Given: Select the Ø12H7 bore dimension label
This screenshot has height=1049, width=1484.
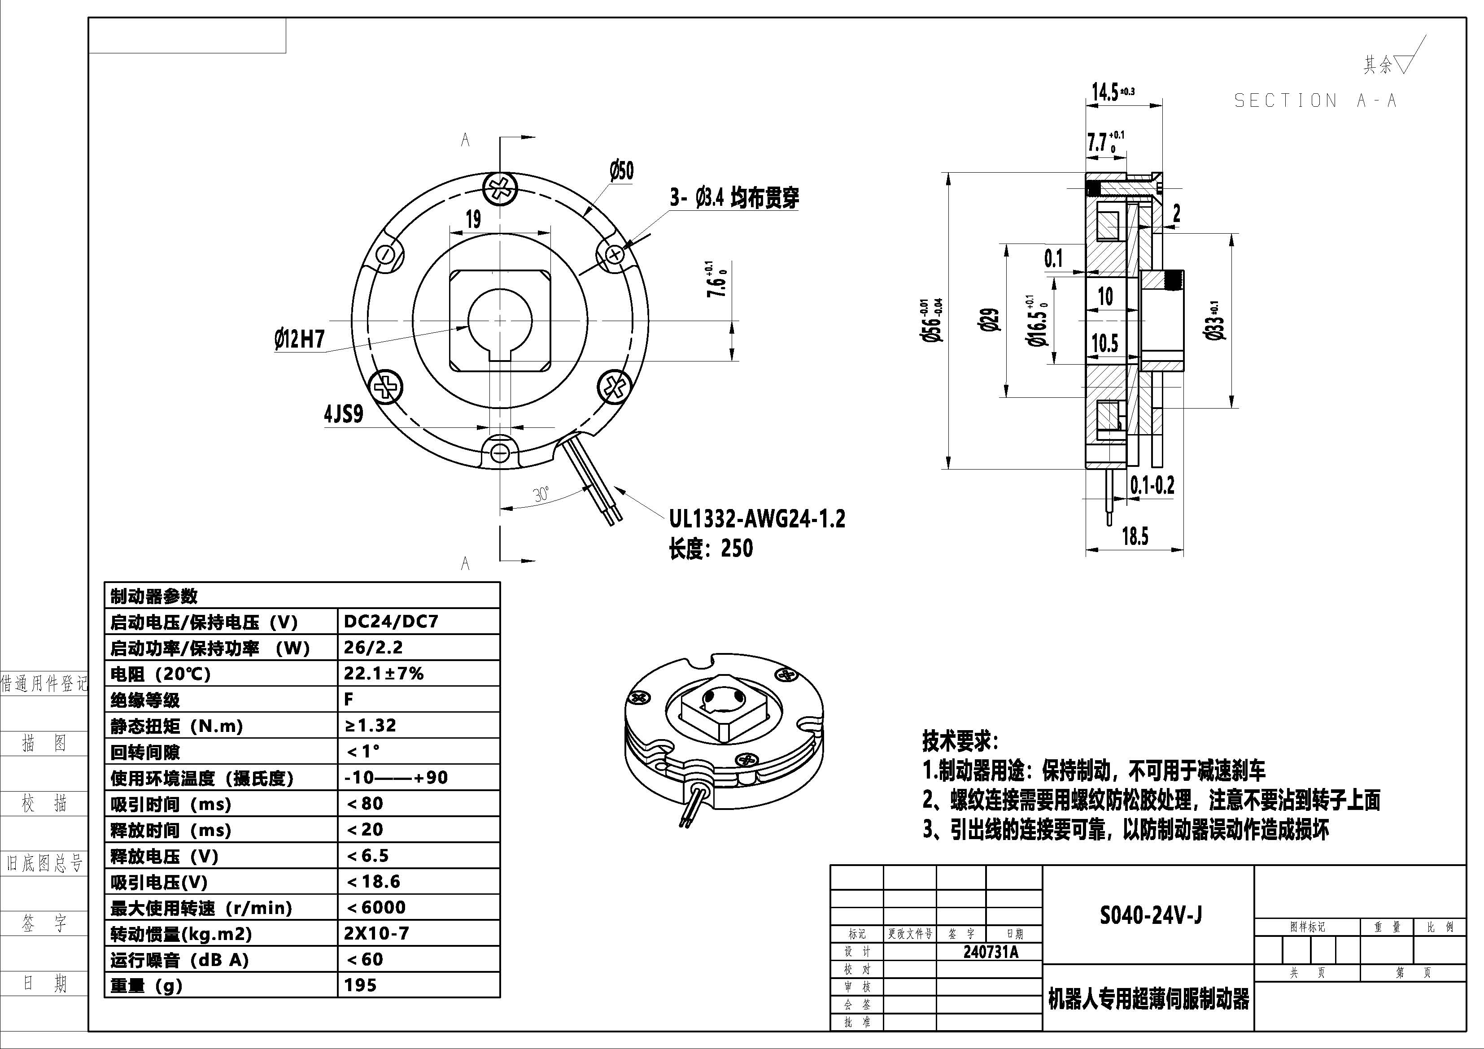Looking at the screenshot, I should tap(299, 339).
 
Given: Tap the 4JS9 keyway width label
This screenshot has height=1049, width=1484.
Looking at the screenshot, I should tap(343, 414).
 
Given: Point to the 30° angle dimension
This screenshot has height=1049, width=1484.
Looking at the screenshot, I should tap(541, 494).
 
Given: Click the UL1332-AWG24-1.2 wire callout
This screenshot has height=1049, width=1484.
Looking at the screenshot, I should tap(757, 519).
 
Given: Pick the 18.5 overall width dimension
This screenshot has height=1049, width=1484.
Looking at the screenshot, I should tap(1135, 536).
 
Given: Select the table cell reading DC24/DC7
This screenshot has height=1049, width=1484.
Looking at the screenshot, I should tap(391, 622).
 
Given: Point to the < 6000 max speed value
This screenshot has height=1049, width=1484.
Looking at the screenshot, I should tap(376, 907).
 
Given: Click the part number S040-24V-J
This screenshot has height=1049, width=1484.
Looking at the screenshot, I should tap(1151, 915).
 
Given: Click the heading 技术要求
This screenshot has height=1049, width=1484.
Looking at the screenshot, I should tap(960, 741).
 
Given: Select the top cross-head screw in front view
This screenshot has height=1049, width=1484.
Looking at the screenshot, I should tap(500, 189).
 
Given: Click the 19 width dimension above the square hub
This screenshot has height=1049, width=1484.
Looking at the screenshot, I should tap(473, 220).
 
